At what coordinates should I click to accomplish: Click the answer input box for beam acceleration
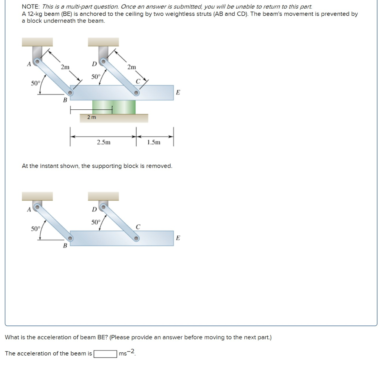[105, 353]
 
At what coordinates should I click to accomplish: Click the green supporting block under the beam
[114, 107]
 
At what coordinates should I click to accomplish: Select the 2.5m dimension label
[103, 142]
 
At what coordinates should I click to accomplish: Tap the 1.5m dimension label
[154, 142]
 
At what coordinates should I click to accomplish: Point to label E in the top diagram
[178, 93]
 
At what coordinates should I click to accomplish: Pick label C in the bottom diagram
[138, 226]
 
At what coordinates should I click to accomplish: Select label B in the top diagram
[65, 100]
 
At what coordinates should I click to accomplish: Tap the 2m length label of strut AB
[65, 67]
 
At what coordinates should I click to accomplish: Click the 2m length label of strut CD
[131, 67]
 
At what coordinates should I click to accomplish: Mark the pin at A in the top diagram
[37, 60]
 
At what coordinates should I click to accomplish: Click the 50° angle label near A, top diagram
[35, 83]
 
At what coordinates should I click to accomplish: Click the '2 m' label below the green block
[91, 117]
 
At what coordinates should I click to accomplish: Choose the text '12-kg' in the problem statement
[35, 14]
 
